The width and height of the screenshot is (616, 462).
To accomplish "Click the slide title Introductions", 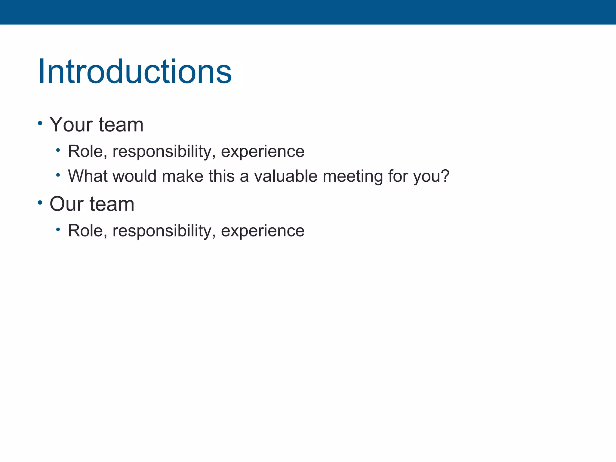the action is click(x=135, y=72).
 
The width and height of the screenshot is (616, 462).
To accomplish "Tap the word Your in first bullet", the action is click(x=71, y=125).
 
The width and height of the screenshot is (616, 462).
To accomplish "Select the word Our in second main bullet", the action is click(x=66, y=204).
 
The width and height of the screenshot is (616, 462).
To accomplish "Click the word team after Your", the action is click(x=121, y=125).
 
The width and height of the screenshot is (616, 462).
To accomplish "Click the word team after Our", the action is click(x=112, y=204).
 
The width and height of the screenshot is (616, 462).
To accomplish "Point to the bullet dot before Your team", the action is click(x=40, y=123).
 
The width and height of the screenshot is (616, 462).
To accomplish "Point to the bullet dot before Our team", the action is click(x=40, y=202).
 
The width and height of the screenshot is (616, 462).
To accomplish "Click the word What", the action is click(x=88, y=176).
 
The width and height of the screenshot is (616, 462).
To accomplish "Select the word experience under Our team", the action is click(x=263, y=231).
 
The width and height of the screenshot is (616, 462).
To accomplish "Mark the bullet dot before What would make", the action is click(x=58, y=174).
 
